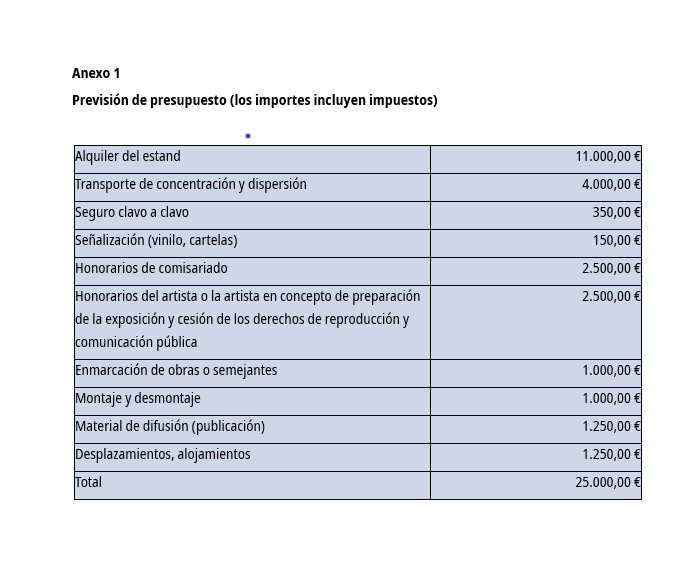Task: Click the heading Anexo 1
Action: [x=96, y=73]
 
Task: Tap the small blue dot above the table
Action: [x=248, y=136]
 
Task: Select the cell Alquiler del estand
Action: [x=128, y=156]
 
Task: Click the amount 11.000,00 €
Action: [x=607, y=156]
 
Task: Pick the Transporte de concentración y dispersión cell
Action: [x=190, y=184]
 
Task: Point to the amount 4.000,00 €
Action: [x=611, y=184]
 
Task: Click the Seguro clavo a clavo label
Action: [x=132, y=212]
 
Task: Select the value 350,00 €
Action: [x=616, y=212]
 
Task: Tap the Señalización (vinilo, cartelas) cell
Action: [x=156, y=240]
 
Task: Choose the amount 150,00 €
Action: [x=616, y=240]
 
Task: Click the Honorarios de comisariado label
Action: [x=151, y=268]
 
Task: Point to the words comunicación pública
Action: [x=136, y=342]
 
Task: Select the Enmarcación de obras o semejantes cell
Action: [x=176, y=370]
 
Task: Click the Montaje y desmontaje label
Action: [x=138, y=398]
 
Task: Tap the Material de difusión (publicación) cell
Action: [x=170, y=426]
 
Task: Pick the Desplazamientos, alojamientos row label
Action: [x=163, y=454]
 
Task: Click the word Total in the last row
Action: [x=89, y=482]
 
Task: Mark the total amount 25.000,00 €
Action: [x=607, y=482]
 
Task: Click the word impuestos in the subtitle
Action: [x=404, y=100]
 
